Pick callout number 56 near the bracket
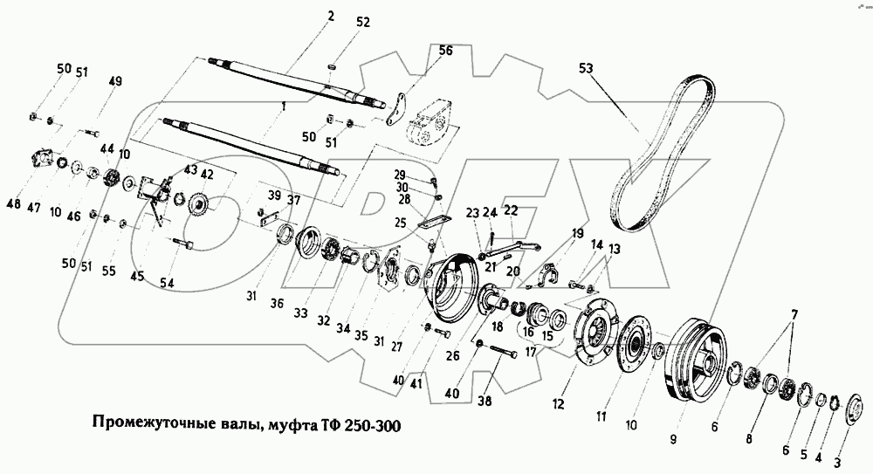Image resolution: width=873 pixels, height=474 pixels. [445, 52]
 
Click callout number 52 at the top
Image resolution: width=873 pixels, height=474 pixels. [363, 22]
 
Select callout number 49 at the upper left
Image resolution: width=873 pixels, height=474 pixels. [115, 82]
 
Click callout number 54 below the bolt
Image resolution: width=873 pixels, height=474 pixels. [167, 283]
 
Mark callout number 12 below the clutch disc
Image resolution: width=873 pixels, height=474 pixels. [559, 403]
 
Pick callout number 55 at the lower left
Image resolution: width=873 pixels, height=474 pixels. [108, 271]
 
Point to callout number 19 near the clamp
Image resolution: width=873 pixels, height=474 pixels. [577, 234]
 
